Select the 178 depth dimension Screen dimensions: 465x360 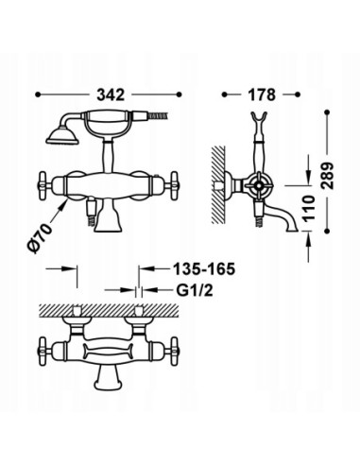264,95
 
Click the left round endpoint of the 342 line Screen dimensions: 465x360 37,95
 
